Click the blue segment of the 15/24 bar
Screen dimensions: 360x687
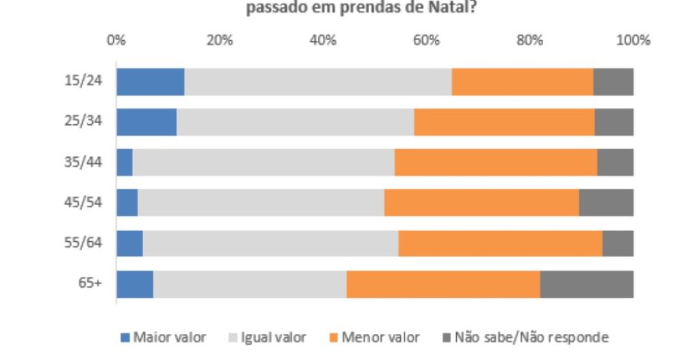pyautogui.click(x=150, y=82)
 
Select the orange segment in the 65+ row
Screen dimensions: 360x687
pyautogui.click(x=443, y=284)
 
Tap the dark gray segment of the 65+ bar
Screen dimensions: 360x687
pyautogui.click(x=587, y=284)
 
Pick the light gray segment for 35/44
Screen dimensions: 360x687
pyautogui.click(x=263, y=162)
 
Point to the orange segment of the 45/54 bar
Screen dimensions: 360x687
pyautogui.click(x=481, y=202)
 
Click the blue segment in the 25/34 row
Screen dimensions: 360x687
pyautogui.click(x=146, y=122)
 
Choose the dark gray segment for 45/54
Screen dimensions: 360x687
pyautogui.click(x=606, y=202)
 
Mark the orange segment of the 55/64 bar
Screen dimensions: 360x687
pyautogui.click(x=500, y=243)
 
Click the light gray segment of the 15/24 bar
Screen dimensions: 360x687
pyautogui.click(x=318, y=82)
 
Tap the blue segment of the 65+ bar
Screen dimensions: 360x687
pyautogui.click(x=135, y=284)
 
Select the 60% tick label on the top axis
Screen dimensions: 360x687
pyautogui.click(x=426, y=41)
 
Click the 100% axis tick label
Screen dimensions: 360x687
pyautogui.click(x=633, y=41)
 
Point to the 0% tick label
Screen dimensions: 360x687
pyautogui.click(x=116, y=41)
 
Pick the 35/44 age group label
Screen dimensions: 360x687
pyautogui.click(x=83, y=162)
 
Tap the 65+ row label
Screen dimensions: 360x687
pyautogui.click(x=90, y=284)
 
